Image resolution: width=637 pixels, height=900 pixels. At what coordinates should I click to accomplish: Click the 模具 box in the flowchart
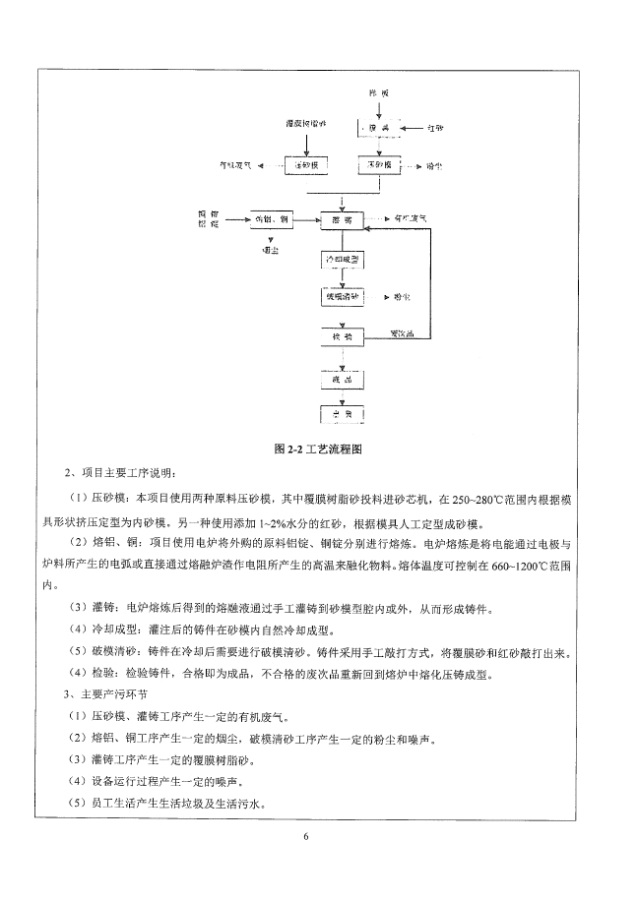tap(380, 129)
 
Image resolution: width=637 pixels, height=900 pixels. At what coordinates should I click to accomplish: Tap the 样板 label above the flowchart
tap(380, 92)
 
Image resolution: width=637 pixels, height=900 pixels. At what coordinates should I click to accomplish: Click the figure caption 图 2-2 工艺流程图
tap(319, 449)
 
